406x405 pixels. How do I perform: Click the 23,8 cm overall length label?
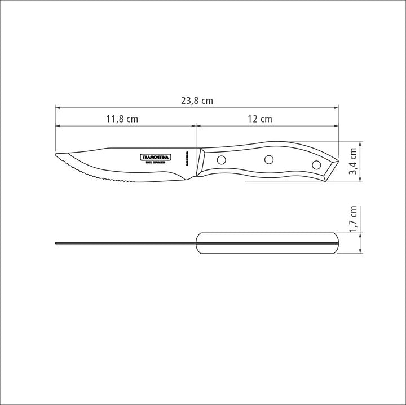click(x=197, y=101)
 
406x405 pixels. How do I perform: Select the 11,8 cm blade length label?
click(x=122, y=119)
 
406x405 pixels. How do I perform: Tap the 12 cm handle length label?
click(x=259, y=119)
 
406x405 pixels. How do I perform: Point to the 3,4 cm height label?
click(x=353, y=162)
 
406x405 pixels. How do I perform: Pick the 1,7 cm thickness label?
click(x=353, y=219)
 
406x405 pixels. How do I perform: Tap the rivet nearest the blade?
click(x=222, y=159)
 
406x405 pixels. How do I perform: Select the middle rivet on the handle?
click(x=268, y=159)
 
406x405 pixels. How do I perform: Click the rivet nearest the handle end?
click(x=316, y=164)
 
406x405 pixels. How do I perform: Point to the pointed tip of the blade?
click(x=55, y=154)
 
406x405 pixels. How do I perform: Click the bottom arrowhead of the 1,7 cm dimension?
click(x=360, y=251)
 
